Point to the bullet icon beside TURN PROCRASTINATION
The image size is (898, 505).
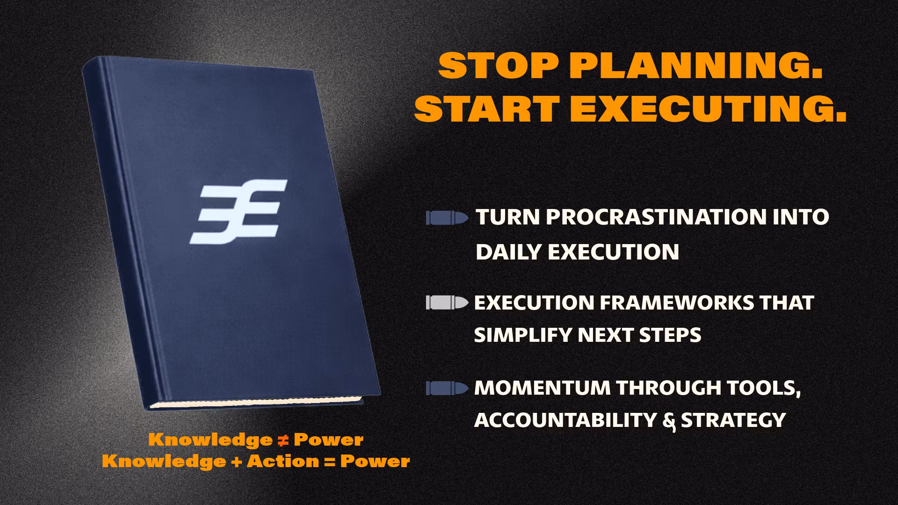click(447, 218)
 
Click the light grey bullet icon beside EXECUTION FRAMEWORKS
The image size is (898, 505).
click(447, 303)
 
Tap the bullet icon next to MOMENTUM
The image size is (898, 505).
click(447, 388)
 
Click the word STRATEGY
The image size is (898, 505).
click(733, 420)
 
